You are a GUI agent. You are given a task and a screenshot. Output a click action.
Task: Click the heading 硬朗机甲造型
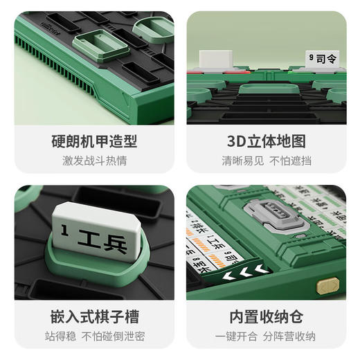[94, 142]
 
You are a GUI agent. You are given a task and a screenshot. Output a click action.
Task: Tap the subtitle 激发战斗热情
[94, 161]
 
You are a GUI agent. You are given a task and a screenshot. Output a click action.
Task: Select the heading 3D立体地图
[267, 142]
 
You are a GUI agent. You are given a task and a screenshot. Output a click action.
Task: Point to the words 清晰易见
[242, 161]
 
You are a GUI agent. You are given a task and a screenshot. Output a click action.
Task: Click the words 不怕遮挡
[291, 161]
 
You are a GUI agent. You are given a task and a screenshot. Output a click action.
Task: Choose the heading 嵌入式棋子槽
[94, 317]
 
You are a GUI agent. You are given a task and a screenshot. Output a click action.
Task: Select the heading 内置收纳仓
[267, 317]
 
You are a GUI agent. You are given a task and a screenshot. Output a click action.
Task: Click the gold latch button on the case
[327, 283]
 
